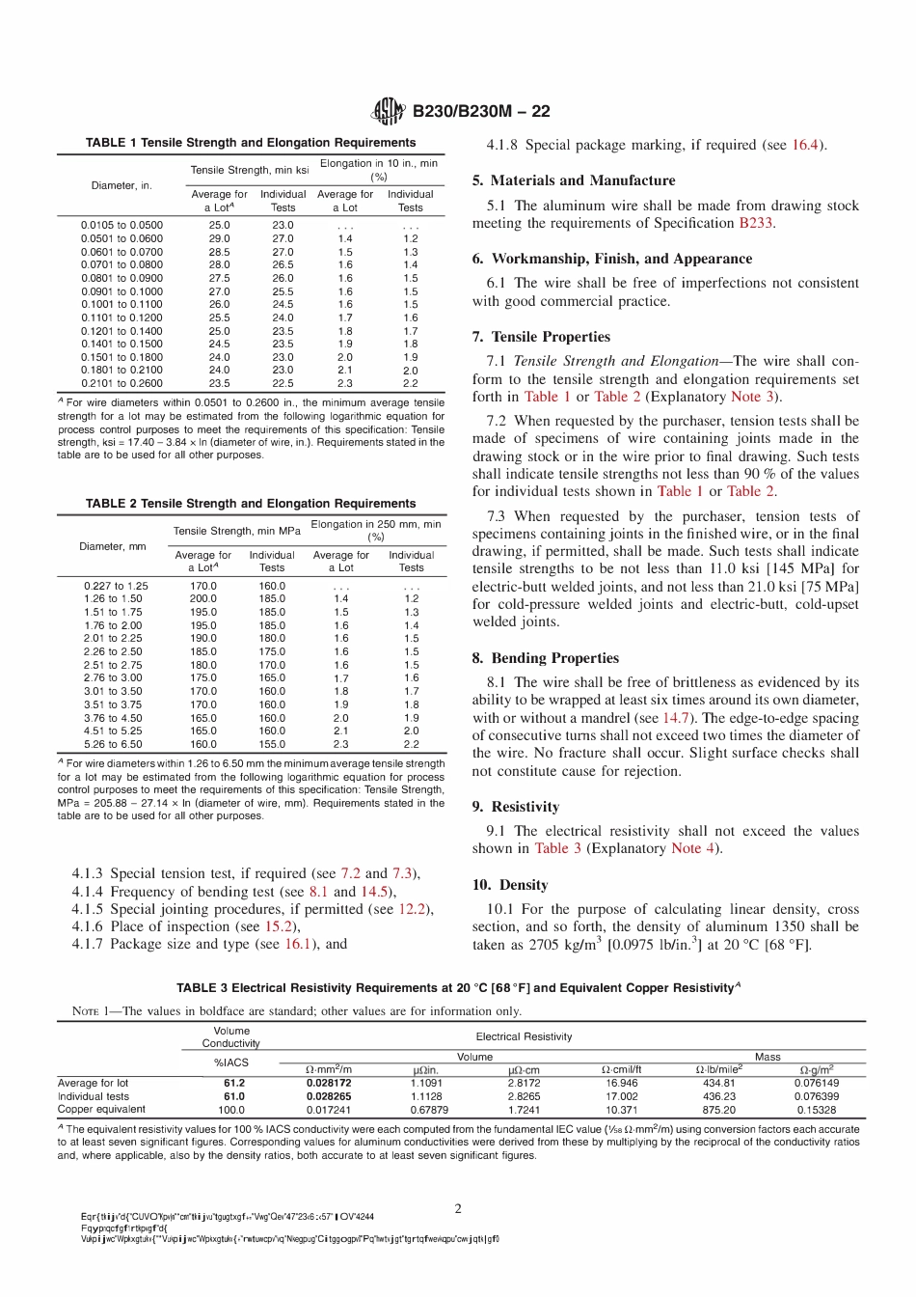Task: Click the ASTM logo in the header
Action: (x=388, y=111)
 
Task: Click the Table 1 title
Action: (x=251, y=143)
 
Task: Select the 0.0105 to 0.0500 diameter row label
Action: (x=121, y=225)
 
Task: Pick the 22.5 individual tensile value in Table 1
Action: (x=283, y=383)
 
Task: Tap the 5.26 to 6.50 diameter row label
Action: (x=113, y=744)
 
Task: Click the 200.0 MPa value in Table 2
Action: (x=203, y=598)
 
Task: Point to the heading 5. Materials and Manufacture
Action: (x=574, y=180)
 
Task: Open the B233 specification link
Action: (x=755, y=223)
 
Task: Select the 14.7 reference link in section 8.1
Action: (x=675, y=718)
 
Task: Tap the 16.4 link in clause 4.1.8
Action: (x=804, y=145)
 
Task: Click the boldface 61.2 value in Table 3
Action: (x=234, y=1083)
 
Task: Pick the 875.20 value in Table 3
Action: (x=719, y=1110)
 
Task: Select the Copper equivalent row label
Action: (x=101, y=1110)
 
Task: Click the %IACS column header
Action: (x=231, y=1062)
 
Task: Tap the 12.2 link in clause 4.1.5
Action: (x=412, y=909)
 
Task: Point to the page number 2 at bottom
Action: (x=458, y=1208)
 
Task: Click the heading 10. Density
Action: (x=510, y=885)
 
